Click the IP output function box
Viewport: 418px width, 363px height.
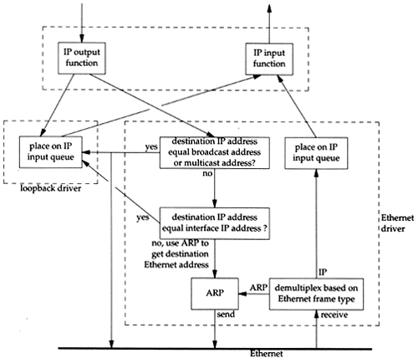[x=82, y=59]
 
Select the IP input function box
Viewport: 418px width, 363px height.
[x=269, y=59]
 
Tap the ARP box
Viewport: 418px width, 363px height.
[x=215, y=294]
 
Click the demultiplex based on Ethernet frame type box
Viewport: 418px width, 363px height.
[x=316, y=294]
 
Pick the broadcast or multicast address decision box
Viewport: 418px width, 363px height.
[x=215, y=152]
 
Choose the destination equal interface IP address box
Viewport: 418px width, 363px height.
[x=215, y=223]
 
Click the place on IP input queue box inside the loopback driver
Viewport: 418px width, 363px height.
[x=51, y=152]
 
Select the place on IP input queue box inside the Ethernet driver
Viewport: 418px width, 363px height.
[x=316, y=153]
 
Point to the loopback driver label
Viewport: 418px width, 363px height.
[x=51, y=188]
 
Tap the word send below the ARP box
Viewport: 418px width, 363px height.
[x=226, y=314]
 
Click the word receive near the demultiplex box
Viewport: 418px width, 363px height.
[x=334, y=314]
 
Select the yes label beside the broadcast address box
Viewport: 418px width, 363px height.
[x=151, y=147]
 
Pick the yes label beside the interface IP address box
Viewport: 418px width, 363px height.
[x=143, y=217]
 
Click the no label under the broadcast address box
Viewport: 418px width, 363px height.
[x=207, y=173]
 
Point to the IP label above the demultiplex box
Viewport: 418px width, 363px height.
[x=323, y=272]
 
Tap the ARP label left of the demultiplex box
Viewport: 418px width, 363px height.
[x=258, y=288]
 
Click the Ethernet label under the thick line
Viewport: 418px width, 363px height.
[x=266, y=354]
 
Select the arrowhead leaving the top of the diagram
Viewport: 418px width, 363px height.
[x=269, y=8]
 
